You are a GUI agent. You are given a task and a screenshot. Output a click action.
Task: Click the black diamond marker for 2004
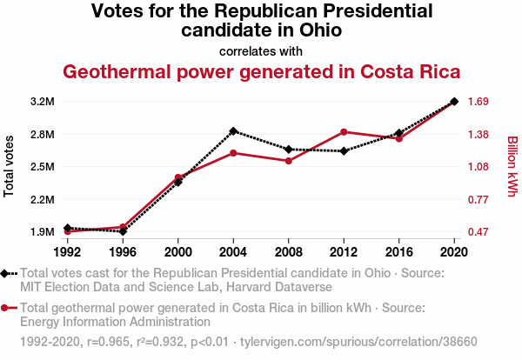click(x=233, y=131)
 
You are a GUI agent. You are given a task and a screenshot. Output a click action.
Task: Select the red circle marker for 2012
click(x=344, y=132)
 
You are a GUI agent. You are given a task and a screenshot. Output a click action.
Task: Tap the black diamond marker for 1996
click(x=123, y=231)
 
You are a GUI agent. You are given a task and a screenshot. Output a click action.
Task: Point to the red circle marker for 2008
click(x=289, y=161)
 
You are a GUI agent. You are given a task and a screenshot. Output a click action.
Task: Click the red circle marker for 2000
click(x=178, y=177)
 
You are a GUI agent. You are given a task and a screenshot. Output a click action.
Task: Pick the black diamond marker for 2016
click(x=399, y=133)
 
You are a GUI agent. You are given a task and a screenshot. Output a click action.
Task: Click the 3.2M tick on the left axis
click(x=42, y=102)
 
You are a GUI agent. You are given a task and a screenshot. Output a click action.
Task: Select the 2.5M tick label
click(x=42, y=167)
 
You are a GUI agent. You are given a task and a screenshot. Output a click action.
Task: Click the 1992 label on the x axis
click(x=67, y=252)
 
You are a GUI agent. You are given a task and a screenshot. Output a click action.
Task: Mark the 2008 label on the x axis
click(x=289, y=252)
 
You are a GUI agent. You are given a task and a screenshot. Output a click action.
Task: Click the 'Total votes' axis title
click(x=10, y=166)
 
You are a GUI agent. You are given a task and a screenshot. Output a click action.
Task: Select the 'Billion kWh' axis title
click(x=512, y=166)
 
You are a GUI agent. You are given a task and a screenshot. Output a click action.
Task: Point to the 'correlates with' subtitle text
click(x=260, y=50)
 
